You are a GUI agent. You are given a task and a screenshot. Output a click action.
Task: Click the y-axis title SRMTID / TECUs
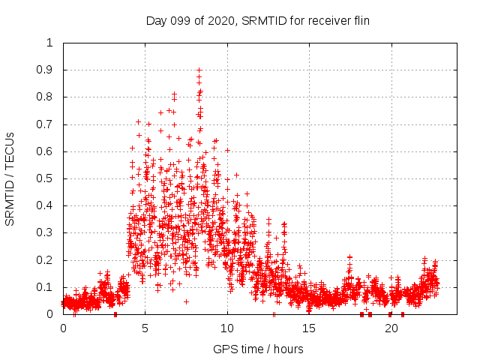tap(10, 179)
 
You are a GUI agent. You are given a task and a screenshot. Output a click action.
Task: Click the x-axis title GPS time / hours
tap(258, 349)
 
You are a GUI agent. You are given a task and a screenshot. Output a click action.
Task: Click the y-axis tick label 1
tap(50, 43)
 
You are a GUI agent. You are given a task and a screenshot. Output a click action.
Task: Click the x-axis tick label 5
tap(145, 328)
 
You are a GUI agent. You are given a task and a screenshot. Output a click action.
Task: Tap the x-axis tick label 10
tap(227, 328)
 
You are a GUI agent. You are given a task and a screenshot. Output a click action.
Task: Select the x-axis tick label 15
tap(310, 328)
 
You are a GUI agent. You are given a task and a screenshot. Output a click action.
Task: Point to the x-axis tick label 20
tap(391, 328)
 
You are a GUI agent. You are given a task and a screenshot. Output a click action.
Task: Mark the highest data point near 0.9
tap(199, 70)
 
